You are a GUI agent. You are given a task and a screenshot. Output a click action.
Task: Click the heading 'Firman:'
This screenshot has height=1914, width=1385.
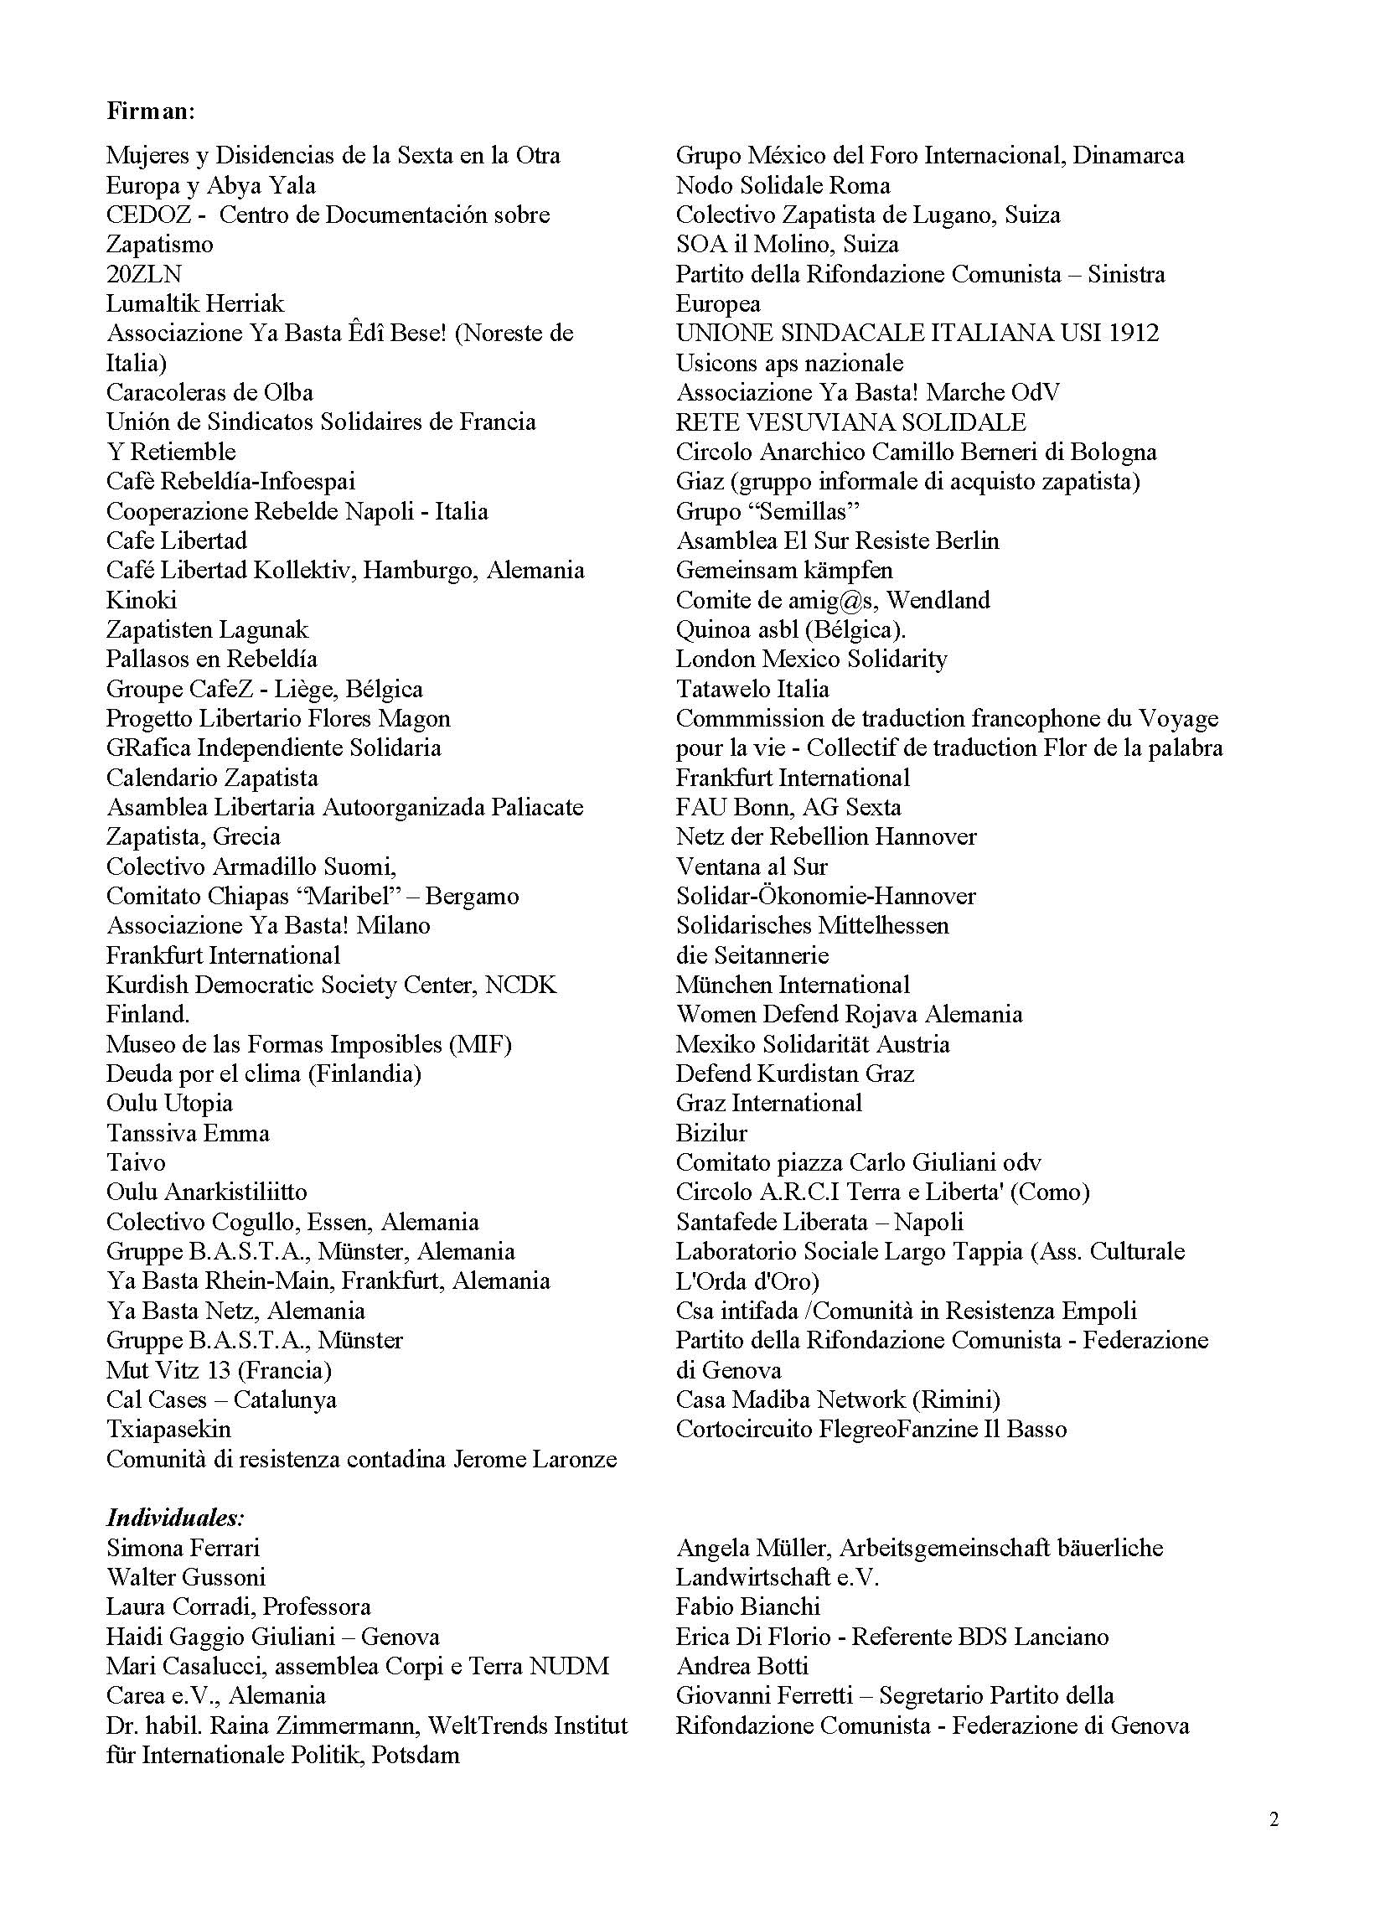[151, 111]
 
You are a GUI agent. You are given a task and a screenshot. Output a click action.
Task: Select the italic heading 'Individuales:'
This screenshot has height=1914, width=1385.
[176, 1518]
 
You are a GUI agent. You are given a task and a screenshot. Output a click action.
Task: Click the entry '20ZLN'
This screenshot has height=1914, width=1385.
[144, 274]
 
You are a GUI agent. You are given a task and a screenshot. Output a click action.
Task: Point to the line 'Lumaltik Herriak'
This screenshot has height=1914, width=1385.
[195, 304]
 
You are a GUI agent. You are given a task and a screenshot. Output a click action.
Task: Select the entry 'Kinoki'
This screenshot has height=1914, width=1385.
[141, 600]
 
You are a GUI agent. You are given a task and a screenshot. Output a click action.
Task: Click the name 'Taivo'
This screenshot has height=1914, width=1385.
[136, 1163]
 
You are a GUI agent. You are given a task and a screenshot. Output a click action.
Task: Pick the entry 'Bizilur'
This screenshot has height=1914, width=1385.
[711, 1133]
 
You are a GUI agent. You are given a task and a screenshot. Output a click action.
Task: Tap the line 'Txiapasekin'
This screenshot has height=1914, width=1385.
[168, 1430]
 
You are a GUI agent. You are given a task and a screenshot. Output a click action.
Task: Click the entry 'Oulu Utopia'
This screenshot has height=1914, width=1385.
[168, 1104]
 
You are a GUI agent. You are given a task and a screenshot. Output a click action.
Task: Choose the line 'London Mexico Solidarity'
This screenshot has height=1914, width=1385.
[811, 660]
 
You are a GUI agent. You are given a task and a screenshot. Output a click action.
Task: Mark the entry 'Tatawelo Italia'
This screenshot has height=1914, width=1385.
[752, 689]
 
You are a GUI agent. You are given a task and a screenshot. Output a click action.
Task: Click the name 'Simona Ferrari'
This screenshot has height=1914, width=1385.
[183, 1548]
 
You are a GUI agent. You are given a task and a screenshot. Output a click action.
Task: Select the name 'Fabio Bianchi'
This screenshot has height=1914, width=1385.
[747, 1606]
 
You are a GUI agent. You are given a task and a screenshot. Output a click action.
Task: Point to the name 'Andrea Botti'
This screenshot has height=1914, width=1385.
[742, 1666]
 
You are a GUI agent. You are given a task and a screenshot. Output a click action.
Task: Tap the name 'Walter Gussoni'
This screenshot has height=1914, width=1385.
[186, 1577]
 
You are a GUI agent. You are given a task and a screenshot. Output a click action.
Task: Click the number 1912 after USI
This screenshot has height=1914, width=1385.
[1134, 334]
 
